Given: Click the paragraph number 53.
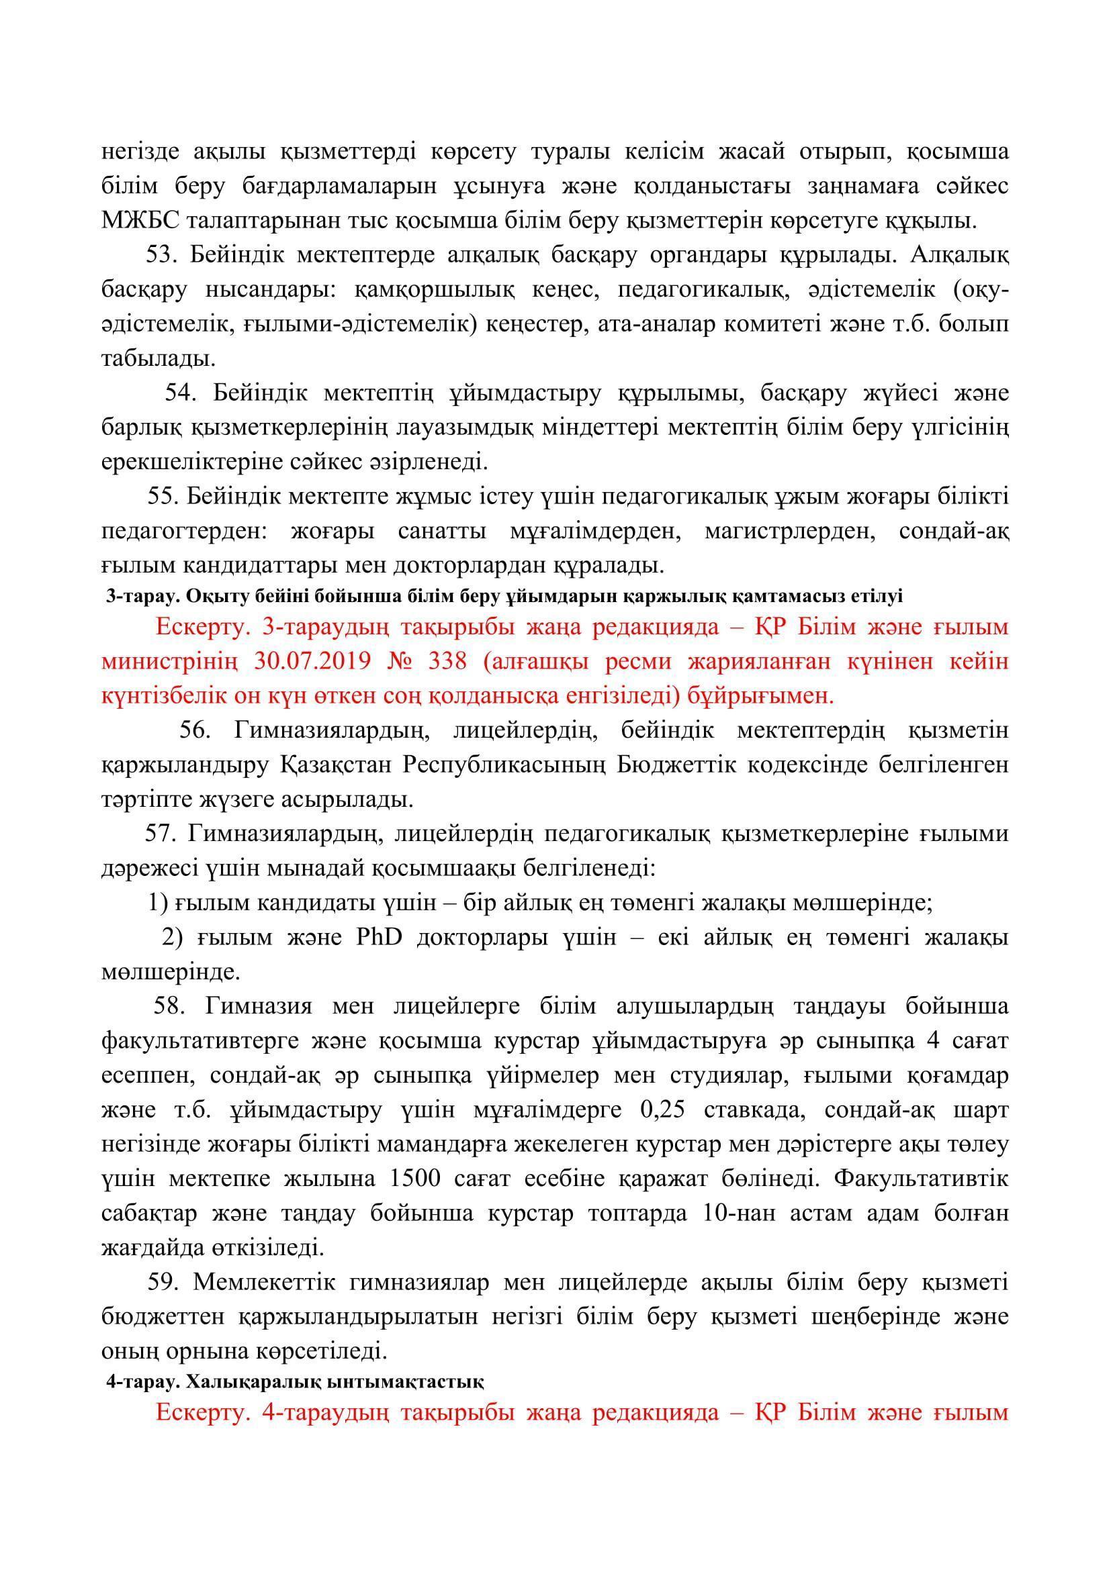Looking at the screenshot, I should (x=161, y=255).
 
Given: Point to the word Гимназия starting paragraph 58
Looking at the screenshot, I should (x=258, y=1007).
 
